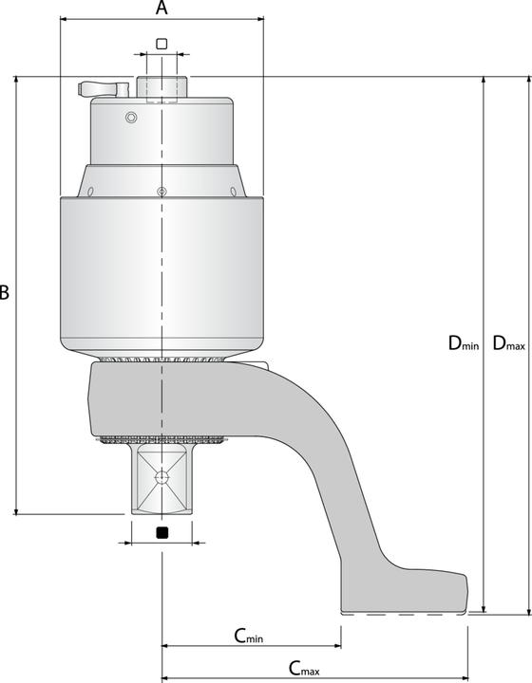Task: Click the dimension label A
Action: click(x=161, y=9)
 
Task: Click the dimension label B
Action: click(x=5, y=293)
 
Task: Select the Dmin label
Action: click(x=464, y=344)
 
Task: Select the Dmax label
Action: click(x=508, y=344)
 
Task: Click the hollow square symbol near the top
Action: click(x=161, y=44)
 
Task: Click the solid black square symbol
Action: click(x=161, y=531)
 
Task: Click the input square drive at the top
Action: click(x=161, y=85)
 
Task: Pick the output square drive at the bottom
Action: click(x=161, y=479)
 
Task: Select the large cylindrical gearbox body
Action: click(x=161, y=270)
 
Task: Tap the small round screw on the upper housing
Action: click(x=131, y=117)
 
